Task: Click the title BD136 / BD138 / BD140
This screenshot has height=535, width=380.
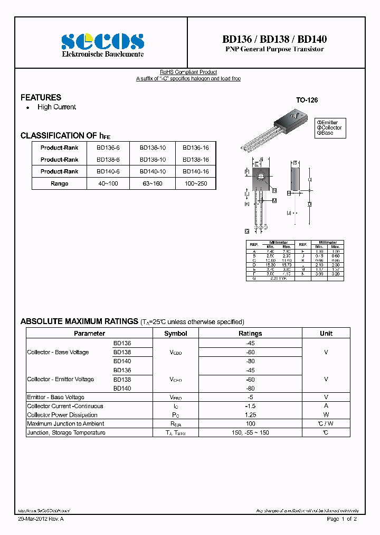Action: pyautogui.click(x=274, y=39)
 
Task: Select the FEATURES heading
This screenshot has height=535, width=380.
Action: pyautogui.click(x=41, y=97)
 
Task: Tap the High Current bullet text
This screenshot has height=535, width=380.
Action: pyautogui.click(x=56, y=107)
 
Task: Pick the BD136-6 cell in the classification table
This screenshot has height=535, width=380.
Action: pyautogui.click(x=108, y=148)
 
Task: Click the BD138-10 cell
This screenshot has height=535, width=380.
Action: pyautogui.click(x=153, y=160)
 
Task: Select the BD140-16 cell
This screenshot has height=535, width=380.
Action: pyautogui.click(x=196, y=171)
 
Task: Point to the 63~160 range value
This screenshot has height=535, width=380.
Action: pyautogui.click(x=153, y=183)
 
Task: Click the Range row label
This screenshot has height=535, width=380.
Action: pyautogui.click(x=59, y=183)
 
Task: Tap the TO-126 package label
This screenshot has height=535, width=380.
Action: pyautogui.click(x=307, y=100)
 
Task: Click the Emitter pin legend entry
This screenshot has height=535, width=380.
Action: pyautogui.click(x=327, y=122)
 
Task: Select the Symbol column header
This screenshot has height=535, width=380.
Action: pyautogui.click(x=175, y=334)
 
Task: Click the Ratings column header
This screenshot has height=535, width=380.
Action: pyautogui.click(x=250, y=334)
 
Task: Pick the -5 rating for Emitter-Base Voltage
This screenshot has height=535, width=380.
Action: pyautogui.click(x=250, y=397)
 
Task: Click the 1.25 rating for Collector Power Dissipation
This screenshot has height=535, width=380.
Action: pyautogui.click(x=250, y=415)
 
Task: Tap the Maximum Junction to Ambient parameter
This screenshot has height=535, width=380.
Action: pyautogui.click(x=65, y=423)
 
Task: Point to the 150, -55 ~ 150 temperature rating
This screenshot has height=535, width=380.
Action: pyautogui.click(x=250, y=432)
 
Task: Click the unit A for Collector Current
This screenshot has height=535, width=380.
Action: pyautogui.click(x=326, y=406)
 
